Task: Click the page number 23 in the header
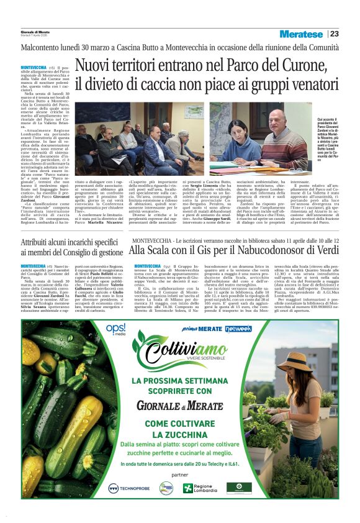point(335,34)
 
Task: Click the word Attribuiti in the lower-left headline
point(38,242)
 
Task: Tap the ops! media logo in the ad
point(116,329)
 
